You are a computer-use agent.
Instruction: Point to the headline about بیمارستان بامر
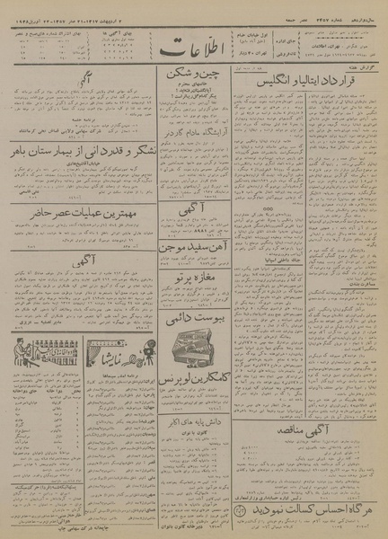79,153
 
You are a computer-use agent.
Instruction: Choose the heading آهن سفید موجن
192,248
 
